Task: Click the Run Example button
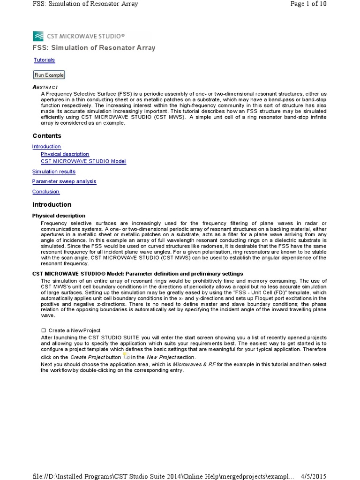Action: click(x=49, y=75)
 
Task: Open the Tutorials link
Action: click(x=44, y=60)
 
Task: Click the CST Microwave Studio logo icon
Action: click(x=37, y=36)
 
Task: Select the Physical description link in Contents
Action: click(x=65, y=154)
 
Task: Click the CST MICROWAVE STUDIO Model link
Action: click(x=83, y=161)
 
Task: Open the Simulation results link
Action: click(x=53, y=172)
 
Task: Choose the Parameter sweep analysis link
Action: click(x=64, y=181)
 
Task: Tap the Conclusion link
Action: click(x=45, y=192)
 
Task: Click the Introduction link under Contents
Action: click(x=46, y=147)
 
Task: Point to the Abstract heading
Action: click(x=45, y=87)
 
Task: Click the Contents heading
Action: click(x=46, y=136)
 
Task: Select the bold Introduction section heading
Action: click(x=52, y=205)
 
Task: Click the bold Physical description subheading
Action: click(x=59, y=216)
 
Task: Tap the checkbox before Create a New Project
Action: click(x=44, y=330)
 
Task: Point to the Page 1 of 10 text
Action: click(x=308, y=4)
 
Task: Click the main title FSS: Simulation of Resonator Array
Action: click(x=94, y=48)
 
